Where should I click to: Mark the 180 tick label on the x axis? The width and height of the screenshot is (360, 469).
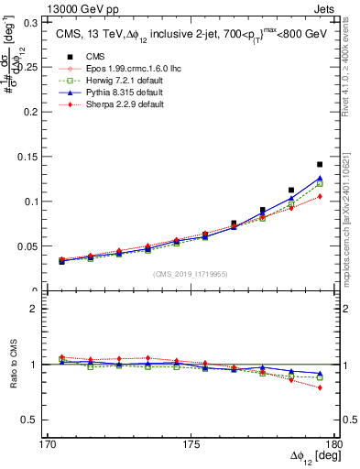pyautogui.click(x=333, y=444)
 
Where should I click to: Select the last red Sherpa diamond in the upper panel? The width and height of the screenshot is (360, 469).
pyautogui.click(x=320, y=196)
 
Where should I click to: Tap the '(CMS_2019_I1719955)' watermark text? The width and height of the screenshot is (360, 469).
pyautogui.click(x=191, y=273)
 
